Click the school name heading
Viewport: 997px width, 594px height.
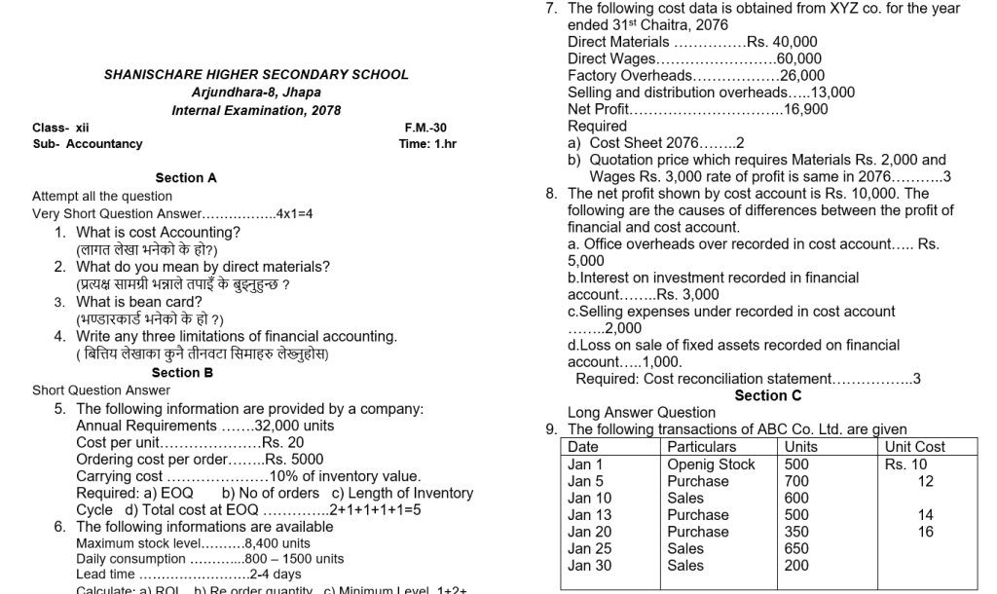coord(256,74)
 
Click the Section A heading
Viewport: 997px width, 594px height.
coord(186,178)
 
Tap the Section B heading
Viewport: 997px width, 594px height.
coord(182,373)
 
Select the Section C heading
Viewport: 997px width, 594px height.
coord(768,395)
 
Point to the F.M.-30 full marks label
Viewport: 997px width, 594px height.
coord(425,128)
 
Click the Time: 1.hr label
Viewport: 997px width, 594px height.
coord(427,144)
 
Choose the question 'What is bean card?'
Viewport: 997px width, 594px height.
coord(139,302)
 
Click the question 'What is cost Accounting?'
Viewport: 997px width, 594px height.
coord(158,232)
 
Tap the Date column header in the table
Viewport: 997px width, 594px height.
coord(583,447)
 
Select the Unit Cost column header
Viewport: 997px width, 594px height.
coord(914,447)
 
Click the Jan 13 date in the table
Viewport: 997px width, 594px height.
coord(589,515)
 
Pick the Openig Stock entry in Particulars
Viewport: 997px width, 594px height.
coord(711,464)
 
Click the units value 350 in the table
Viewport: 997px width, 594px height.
coord(796,532)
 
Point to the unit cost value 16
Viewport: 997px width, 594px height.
coord(925,532)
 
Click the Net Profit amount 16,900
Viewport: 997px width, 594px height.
coord(805,109)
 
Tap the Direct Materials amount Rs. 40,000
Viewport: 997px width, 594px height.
coord(782,42)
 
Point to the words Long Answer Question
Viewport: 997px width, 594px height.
coord(641,412)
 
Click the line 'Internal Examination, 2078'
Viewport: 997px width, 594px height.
coord(256,110)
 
